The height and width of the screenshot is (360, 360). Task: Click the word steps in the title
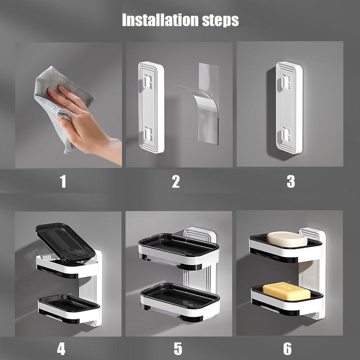(220, 21)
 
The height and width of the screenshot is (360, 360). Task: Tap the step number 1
(63, 182)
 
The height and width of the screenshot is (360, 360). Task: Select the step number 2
(176, 182)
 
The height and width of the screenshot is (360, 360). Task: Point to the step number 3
(291, 182)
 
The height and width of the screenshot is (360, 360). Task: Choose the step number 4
(61, 349)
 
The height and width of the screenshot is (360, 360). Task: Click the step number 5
(178, 349)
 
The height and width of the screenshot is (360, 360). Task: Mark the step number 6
(287, 349)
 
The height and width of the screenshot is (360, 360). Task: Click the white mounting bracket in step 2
(151, 107)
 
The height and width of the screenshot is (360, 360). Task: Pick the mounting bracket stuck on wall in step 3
(289, 107)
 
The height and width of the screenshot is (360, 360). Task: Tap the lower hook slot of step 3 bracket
(286, 134)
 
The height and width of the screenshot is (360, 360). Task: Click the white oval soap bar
(287, 239)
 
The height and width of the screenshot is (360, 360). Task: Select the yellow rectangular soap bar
(287, 291)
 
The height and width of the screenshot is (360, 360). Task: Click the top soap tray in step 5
(179, 252)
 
